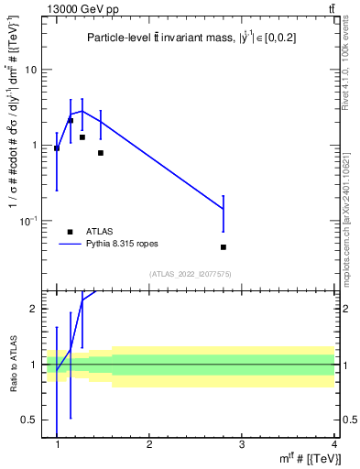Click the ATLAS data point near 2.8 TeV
pos(224,247)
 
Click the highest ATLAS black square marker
pos(71,120)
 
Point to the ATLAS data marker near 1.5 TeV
pos(101,153)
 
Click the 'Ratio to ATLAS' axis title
pos(12,365)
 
